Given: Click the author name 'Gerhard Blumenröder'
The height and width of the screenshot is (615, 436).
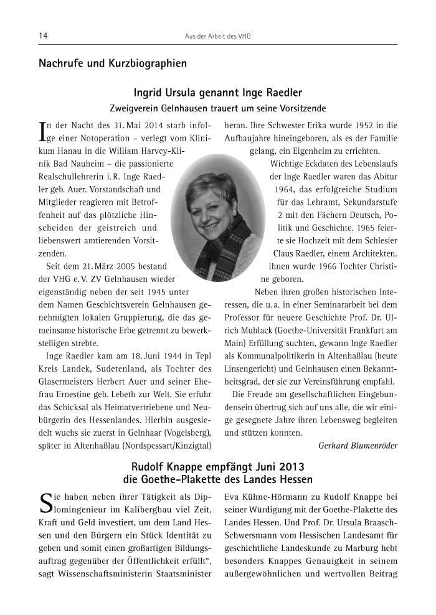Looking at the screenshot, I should click(358, 445).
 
